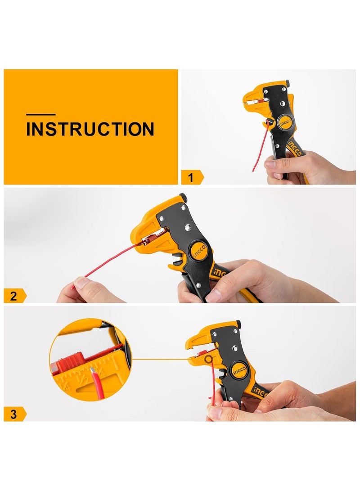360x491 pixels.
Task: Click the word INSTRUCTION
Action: pos(90,129)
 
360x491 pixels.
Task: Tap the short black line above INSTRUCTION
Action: pos(40,115)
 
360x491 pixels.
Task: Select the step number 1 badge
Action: pos(191,177)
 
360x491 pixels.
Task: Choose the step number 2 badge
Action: pos(14,296)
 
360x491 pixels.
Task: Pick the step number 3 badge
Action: pos(14,414)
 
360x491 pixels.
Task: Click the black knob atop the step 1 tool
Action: pos(288,82)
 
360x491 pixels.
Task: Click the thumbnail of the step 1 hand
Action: pos(270,165)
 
